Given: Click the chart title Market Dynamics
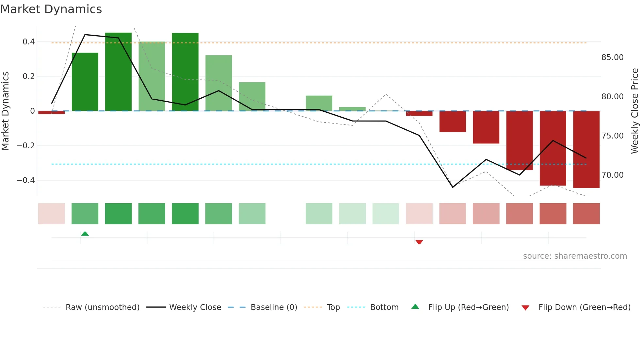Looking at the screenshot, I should [51, 9].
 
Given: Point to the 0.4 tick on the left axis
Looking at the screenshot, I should [29, 42].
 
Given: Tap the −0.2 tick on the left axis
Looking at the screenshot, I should [26, 146].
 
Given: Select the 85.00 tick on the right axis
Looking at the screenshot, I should [612, 57].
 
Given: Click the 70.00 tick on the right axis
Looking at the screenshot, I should [612, 175].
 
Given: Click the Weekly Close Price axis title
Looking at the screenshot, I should [634, 111].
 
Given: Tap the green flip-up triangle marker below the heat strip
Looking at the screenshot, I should [85, 234].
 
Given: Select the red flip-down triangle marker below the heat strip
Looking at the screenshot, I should [419, 242].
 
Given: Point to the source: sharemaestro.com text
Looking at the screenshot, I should [575, 256].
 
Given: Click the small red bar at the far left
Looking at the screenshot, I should [52, 112].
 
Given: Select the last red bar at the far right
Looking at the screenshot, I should [586, 150].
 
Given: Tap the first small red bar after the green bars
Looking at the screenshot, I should [419, 113].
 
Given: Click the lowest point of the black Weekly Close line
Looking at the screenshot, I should [453, 187].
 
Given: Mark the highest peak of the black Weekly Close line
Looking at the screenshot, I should [85, 35].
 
